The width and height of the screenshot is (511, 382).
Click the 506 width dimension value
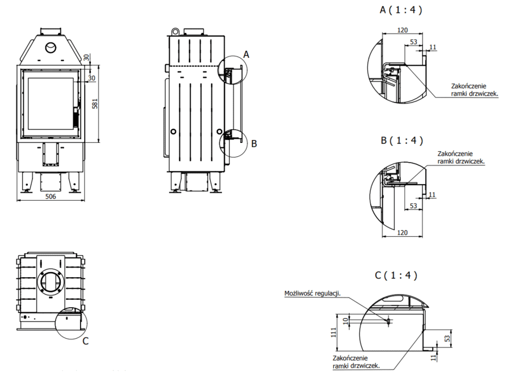click(51, 197)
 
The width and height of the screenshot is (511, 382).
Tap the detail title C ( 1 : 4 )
click(396, 276)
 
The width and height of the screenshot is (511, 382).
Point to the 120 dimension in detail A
click(403, 29)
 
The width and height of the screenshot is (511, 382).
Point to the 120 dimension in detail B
click(403, 233)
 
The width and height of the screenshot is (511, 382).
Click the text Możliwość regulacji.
click(312, 294)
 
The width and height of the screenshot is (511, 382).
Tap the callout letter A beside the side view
click(246, 54)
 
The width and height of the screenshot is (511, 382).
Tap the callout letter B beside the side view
click(254, 144)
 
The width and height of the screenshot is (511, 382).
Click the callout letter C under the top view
click(85, 341)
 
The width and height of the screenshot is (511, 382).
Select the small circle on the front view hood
click(51, 47)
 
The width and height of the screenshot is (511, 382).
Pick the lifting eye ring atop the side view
click(177, 30)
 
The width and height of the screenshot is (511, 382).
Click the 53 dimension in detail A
click(413, 42)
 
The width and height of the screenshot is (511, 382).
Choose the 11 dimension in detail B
click(432, 195)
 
